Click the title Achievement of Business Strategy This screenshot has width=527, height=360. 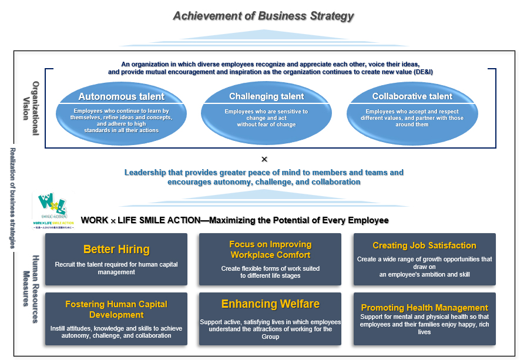pos(263,16)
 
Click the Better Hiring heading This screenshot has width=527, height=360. pos(116,249)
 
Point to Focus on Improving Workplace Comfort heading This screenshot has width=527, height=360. pos(270,250)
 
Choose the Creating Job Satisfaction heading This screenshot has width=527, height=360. pos(424,245)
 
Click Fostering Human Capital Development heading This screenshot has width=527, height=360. pos(116,309)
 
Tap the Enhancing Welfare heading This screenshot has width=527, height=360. pos(270,304)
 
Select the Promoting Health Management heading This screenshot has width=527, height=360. pos(424,307)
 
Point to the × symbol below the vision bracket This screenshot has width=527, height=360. pos(264,159)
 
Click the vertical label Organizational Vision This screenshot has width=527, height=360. pos(31,108)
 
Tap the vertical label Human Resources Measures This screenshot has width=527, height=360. pos(31,281)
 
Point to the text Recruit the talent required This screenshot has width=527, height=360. pos(116,264)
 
